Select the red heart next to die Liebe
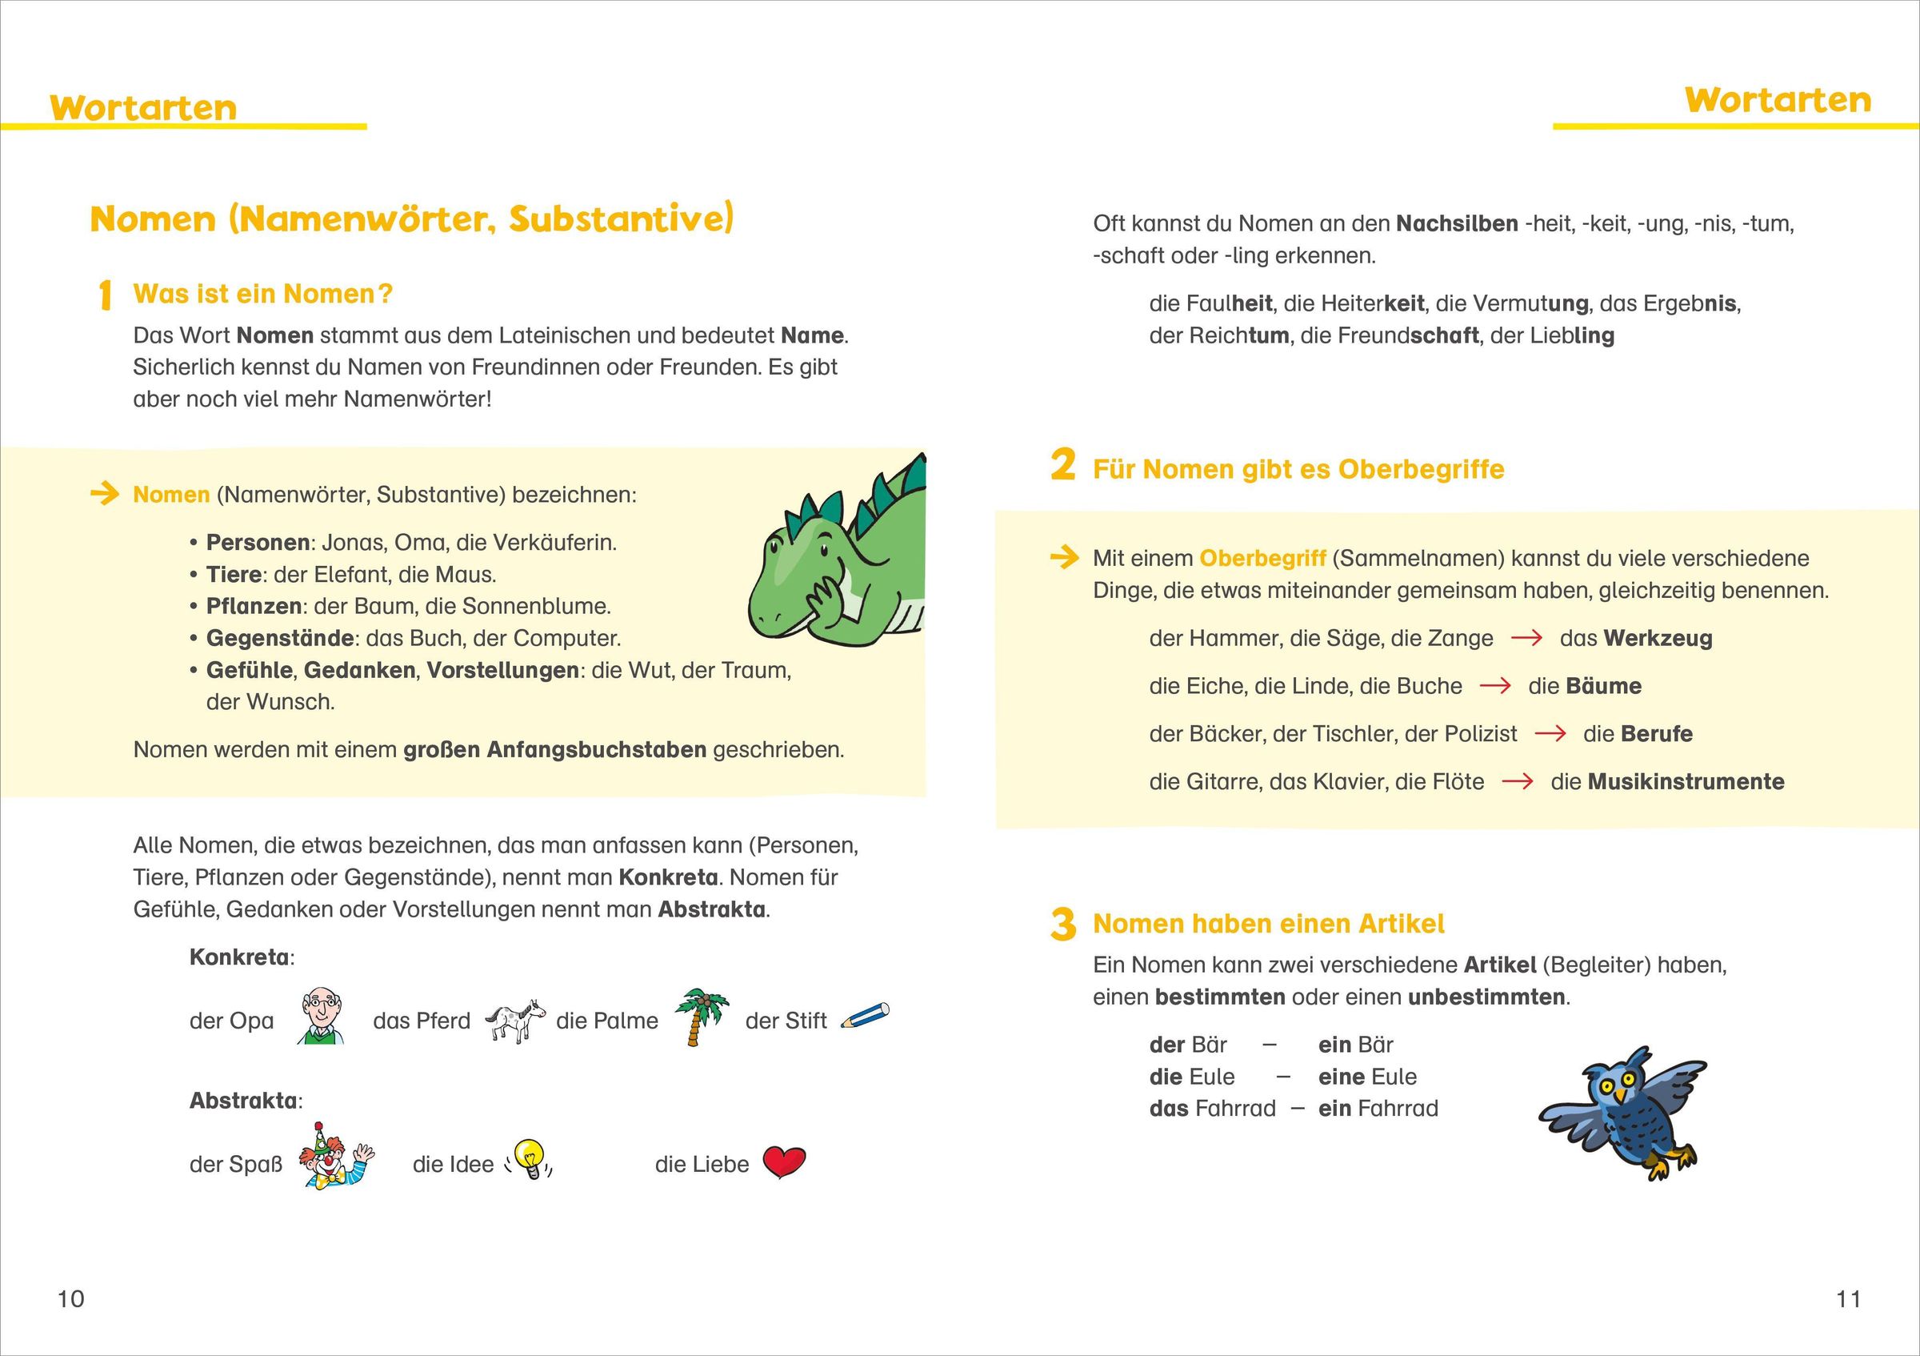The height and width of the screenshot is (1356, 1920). click(x=783, y=1162)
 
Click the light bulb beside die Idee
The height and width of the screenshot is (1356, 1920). click(x=530, y=1159)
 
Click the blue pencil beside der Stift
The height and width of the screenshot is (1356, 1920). click(x=866, y=1016)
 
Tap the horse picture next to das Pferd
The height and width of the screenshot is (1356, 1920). click(x=514, y=1020)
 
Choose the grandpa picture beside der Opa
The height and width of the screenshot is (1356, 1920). click(x=321, y=1016)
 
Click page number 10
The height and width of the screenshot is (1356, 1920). click(x=71, y=1298)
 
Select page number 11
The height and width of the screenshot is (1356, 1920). click(x=1848, y=1298)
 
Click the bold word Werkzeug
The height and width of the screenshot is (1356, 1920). click(x=1658, y=638)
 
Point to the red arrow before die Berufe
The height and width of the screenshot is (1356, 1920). click(x=1550, y=733)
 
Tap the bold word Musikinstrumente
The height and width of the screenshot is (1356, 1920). click(x=1686, y=781)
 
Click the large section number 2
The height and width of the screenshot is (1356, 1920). click(x=1062, y=465)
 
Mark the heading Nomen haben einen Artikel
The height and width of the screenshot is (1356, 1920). click(x=1269, y=924)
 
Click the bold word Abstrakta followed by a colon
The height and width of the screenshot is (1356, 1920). click(x=242, y=1100)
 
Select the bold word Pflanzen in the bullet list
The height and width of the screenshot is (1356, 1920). click(x=254, y=606)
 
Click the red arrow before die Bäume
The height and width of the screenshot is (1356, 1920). click(x=1495, y=686)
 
